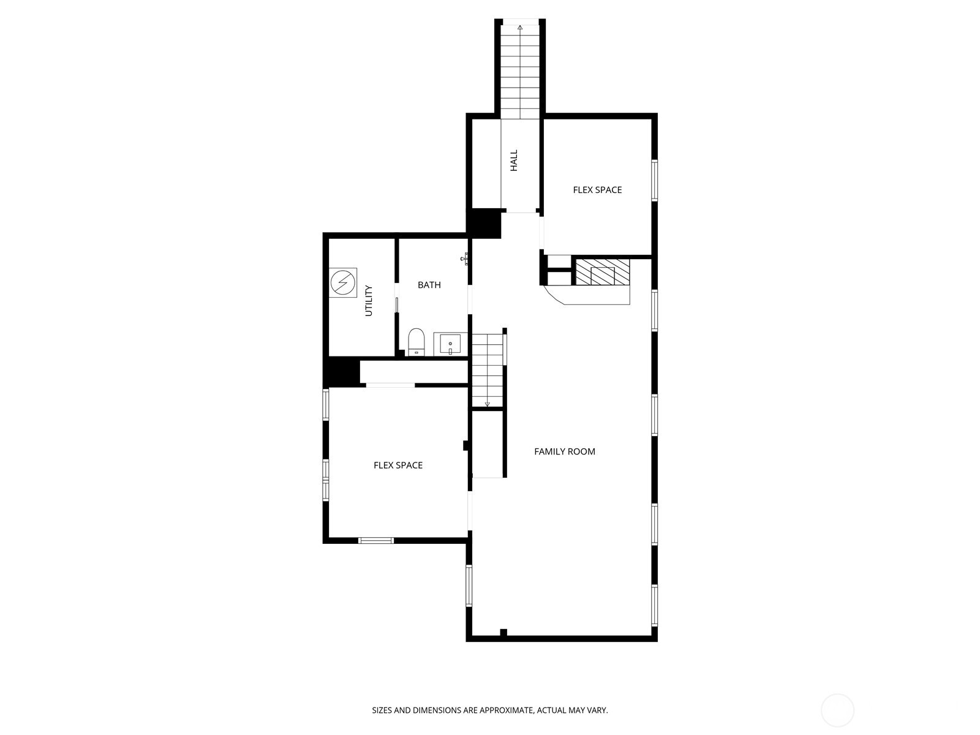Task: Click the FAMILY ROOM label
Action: [x=564, y=451]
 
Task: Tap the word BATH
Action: [x=429, y=285]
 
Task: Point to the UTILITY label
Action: [x=369, y=301]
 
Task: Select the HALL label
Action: [x=514, y=160]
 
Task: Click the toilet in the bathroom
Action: [x=416, y=342]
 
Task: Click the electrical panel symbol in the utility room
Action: [x=343, y=282]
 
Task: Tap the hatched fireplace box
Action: [x=602, y=272]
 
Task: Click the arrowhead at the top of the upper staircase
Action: [x=520, y=27]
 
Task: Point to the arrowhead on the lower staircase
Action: [x=487, y=404]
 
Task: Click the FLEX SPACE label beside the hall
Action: [x=597, y=190]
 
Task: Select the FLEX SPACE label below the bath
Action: [x=398, y=465]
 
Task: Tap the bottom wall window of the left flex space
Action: [x=376, y=540]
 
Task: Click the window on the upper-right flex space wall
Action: [x=655, y=180]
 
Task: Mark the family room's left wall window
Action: [x=469, y=586]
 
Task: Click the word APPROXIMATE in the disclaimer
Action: [x=507, y=710]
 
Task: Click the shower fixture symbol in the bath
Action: [x=465, y=259]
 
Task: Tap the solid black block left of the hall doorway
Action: [x=483, y=223]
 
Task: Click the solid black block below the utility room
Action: [x=342, y=371]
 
